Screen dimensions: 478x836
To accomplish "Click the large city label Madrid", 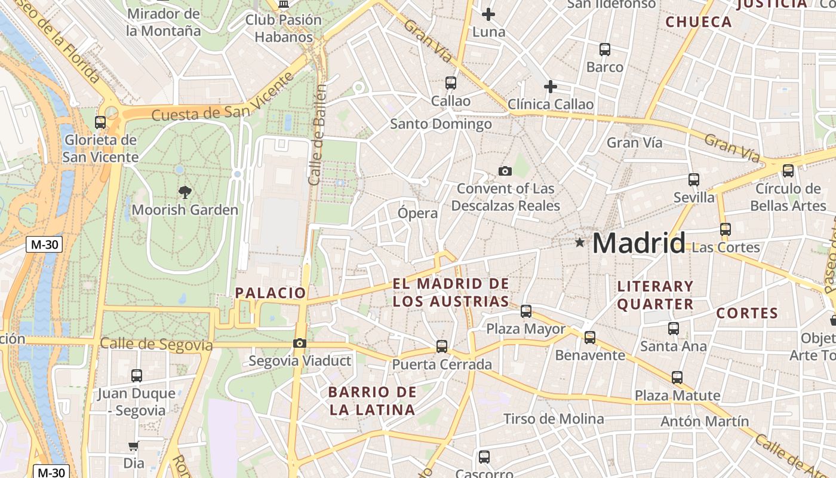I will (x=638, y=243).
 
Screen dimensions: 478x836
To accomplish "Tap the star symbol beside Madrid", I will (x=579, y=243).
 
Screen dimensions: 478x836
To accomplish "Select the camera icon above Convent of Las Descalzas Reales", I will (x=505, y=171).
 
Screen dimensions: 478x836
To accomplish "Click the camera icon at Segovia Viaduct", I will (x=300, y=343).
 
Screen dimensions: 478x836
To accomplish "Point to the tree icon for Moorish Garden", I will (x=185, y=192).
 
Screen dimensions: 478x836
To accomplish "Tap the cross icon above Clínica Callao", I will (x=551, y=87).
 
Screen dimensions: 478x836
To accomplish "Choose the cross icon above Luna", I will (x=488, y=14).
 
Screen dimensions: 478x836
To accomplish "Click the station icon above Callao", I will (x=451, y=83).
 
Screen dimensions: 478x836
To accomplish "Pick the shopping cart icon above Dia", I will (x=133, y=446).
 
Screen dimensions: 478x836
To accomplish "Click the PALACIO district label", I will (x=271, y=293).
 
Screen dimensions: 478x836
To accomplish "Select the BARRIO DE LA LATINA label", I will (x=373, y=401).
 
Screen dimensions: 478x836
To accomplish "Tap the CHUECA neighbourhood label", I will (x=698, y=22).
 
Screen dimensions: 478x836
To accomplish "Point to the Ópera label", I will (x=418, y=213).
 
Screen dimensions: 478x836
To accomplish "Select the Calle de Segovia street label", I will (x=156, y=344).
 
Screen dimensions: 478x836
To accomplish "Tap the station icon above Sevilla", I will (x=693, y=179).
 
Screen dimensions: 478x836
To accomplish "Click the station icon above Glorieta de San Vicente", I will (x=100, y=122).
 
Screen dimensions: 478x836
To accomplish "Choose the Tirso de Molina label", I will (x=554, y=419).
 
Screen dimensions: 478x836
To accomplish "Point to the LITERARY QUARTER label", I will (x=655, y=295).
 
